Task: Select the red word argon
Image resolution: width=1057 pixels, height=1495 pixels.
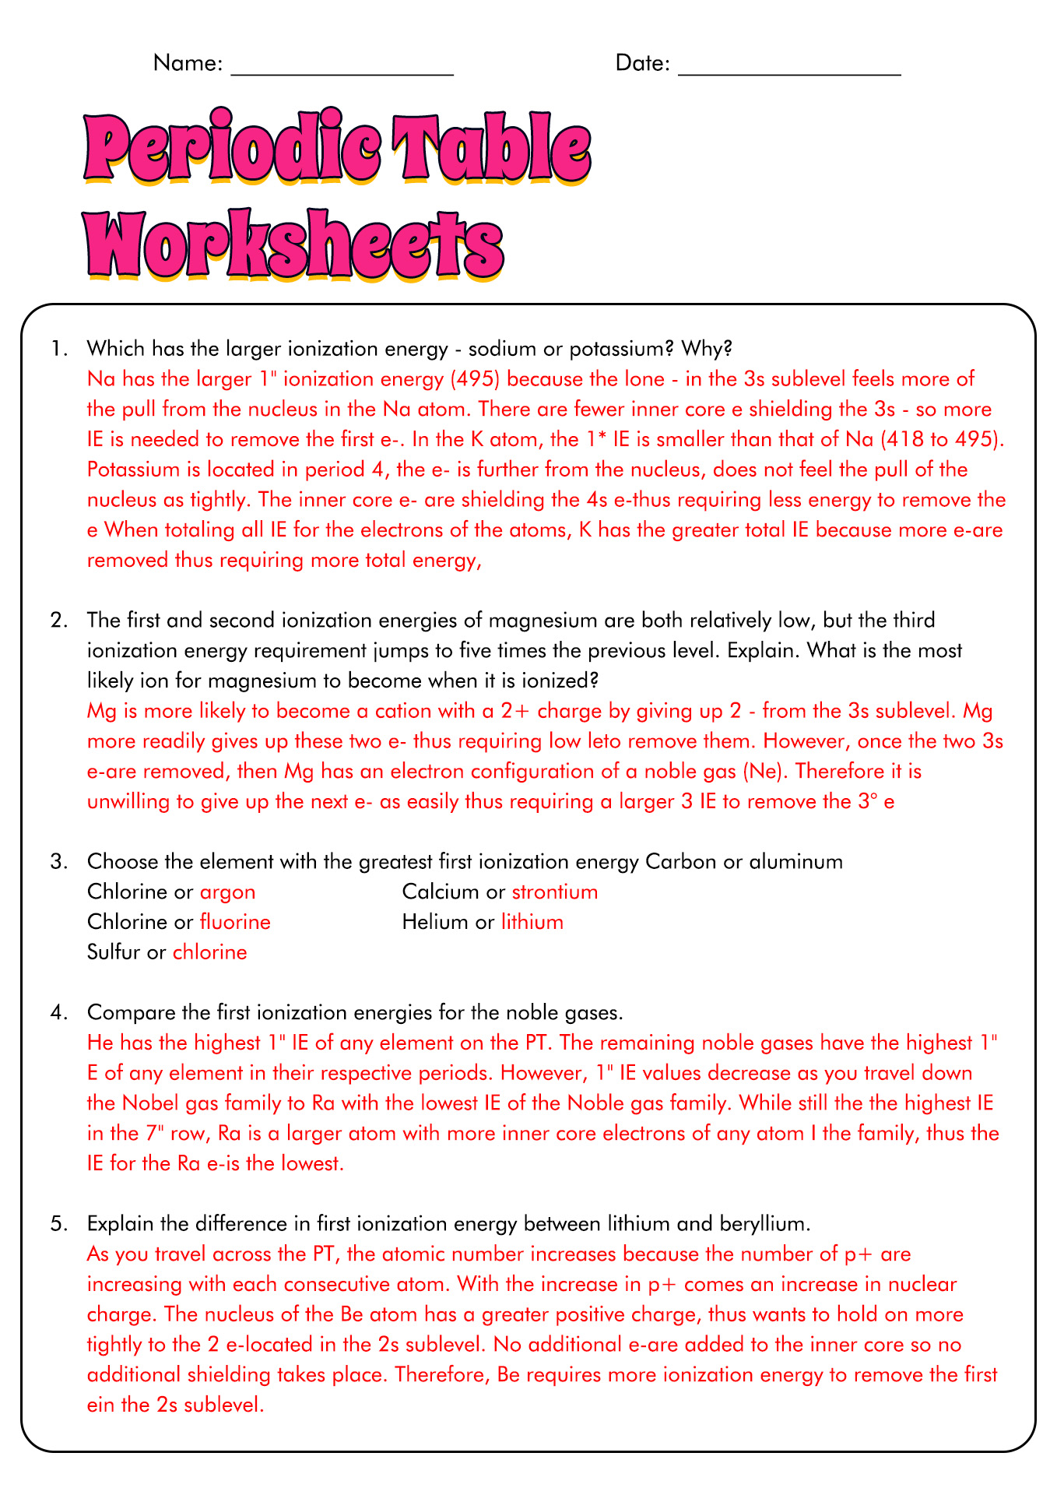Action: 227,892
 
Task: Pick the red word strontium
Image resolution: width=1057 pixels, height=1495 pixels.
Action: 554,892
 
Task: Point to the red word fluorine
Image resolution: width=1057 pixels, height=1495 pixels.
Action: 235,922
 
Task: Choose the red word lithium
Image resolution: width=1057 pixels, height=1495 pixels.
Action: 532,922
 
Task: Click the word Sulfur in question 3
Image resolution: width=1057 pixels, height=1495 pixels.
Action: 114,952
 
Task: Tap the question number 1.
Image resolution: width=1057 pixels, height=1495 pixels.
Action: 58,348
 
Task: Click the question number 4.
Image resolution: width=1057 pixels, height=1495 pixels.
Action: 58,1012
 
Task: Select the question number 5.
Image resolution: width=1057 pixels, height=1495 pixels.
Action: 58,1223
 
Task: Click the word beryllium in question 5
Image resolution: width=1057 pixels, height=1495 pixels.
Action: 760,1223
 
